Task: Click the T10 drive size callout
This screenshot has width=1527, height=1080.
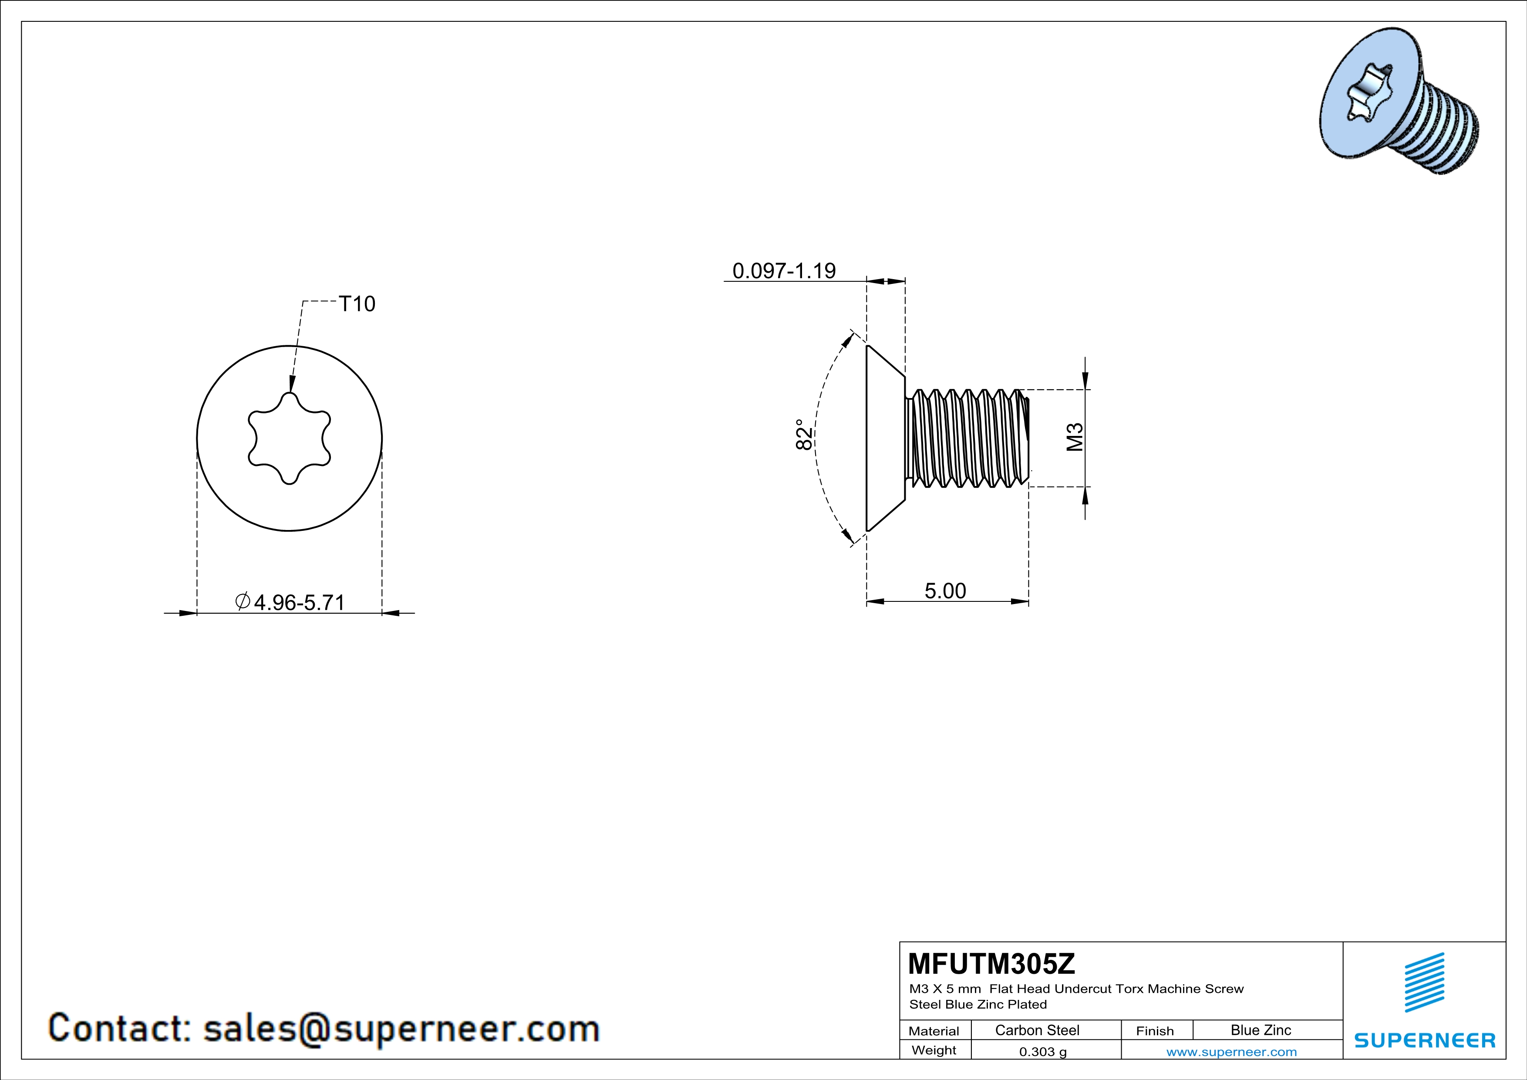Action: (357, 304)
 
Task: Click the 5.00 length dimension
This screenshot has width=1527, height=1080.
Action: (945, 591)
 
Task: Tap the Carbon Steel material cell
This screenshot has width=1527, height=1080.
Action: (1037, 1030)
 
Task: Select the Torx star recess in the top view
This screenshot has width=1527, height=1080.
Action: (289, 438)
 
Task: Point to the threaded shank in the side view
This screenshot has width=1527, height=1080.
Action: (967, 438)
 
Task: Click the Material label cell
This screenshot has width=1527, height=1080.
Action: (934, 1031)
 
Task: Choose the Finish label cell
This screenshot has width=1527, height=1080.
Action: (1155, 1031)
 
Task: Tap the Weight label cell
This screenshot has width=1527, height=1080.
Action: (934, 1050)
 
